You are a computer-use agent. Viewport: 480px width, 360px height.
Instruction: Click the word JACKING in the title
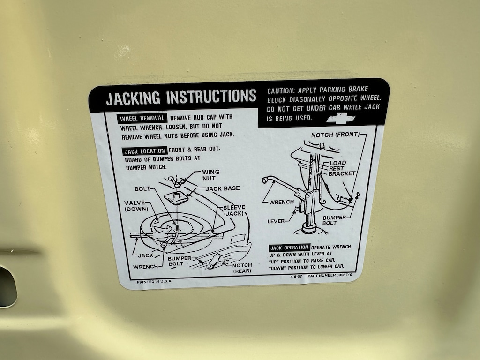133,98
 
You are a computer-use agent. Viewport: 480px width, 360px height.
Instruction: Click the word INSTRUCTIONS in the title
211,96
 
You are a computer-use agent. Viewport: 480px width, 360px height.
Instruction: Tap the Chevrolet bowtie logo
341,119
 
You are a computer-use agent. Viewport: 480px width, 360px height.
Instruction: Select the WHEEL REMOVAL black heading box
142,119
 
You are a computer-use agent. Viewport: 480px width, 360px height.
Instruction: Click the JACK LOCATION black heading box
144,151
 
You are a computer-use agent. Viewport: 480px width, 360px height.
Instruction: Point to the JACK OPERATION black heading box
289,247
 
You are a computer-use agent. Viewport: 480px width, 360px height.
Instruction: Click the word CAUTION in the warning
280,91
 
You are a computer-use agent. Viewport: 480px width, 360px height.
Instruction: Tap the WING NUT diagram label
210,175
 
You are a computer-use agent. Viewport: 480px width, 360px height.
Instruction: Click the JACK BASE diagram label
223,188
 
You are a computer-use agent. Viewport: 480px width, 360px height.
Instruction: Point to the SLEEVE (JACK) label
234,210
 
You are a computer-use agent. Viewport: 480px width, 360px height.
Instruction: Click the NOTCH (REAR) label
242,268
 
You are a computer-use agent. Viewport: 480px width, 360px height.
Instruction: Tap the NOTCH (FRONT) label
335,135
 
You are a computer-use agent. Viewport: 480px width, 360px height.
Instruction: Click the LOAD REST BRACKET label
342,168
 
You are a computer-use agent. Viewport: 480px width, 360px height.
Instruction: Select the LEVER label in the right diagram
276,221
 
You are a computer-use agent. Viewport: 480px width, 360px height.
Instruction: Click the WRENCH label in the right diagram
282,202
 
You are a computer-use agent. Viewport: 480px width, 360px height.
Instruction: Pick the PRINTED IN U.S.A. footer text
155,282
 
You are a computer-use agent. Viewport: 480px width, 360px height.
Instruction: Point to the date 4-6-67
296,276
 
